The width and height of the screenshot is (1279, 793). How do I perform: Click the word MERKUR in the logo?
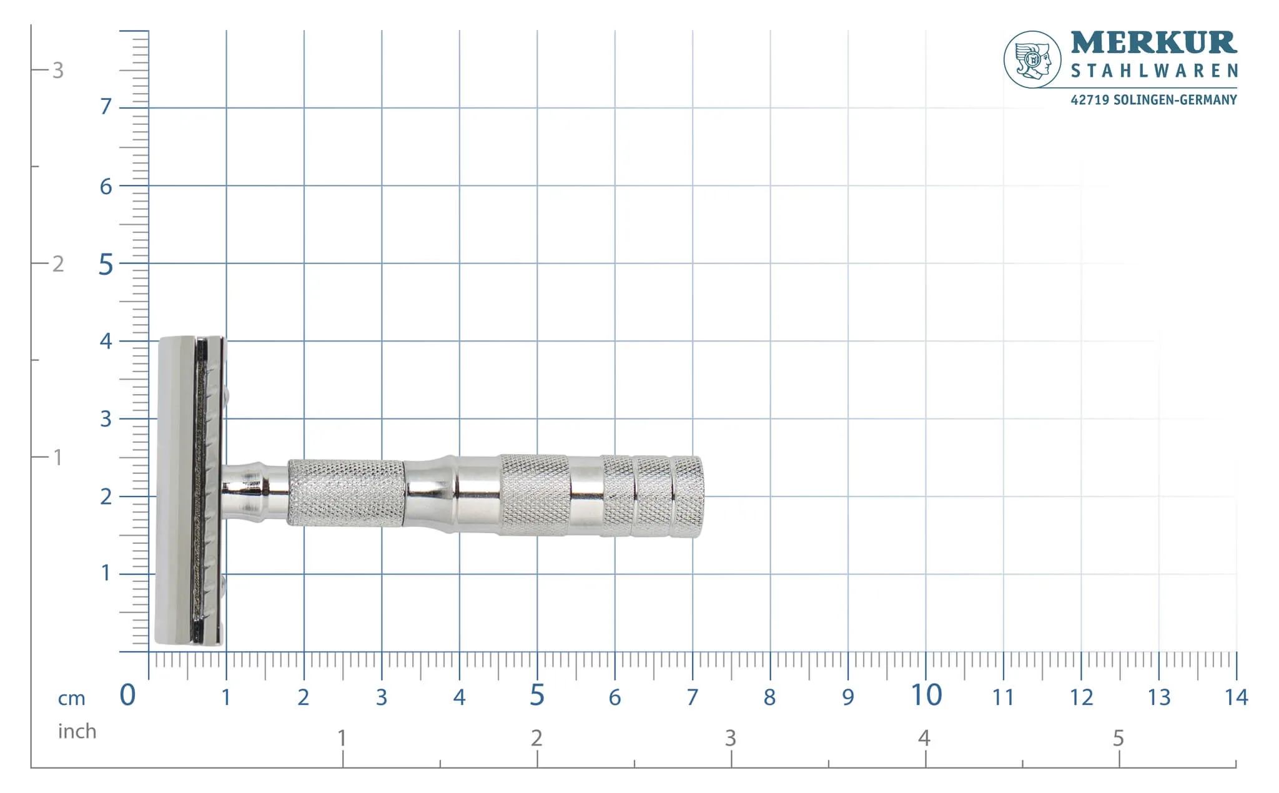tap(1153, 43)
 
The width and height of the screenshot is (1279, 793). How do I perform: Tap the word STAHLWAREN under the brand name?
tap(1154, 71)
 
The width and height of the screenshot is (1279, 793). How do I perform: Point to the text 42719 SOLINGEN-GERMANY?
tap(1153, 100)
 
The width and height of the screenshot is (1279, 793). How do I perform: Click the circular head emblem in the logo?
tap(1032, 59)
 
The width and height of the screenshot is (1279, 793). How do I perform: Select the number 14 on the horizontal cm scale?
tap(1237, 697)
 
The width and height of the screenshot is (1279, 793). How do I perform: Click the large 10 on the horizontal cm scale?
tap(926, 695)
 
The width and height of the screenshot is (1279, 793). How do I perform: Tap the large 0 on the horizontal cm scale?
tap(127, 695)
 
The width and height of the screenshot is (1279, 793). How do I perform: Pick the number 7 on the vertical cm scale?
tap(106, 107)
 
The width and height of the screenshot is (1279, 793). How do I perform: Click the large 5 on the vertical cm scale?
tap(106, 265)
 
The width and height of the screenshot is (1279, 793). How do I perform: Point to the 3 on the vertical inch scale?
tap(58, 70)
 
